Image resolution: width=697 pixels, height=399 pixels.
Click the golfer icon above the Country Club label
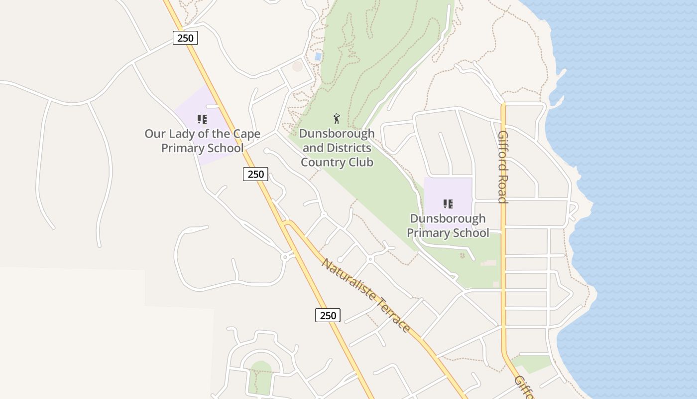[x=337, y=119]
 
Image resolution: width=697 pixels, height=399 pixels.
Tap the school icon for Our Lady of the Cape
[x=202, y=119]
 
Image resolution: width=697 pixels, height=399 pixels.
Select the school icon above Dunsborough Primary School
[x=448, y=203]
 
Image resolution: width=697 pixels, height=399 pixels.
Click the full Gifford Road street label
[x=503, y=167]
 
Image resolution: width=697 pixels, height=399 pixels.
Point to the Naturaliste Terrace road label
[x=366, y=295]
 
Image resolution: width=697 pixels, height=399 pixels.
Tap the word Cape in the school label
[x=247, y=134]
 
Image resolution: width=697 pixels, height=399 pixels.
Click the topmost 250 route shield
[x=185, y=38]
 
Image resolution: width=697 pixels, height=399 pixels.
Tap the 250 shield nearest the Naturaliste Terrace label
[x=328, y=315]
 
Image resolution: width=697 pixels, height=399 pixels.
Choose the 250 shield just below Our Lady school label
[x=255, y=174]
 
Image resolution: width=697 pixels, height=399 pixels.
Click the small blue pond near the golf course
[x=318, y=57]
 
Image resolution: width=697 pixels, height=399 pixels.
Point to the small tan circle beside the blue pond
[x=297, y=66]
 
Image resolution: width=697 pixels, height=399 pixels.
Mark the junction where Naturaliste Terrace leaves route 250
[x=285, y=223]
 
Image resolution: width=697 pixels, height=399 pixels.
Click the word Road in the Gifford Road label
[x=503, y=188]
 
